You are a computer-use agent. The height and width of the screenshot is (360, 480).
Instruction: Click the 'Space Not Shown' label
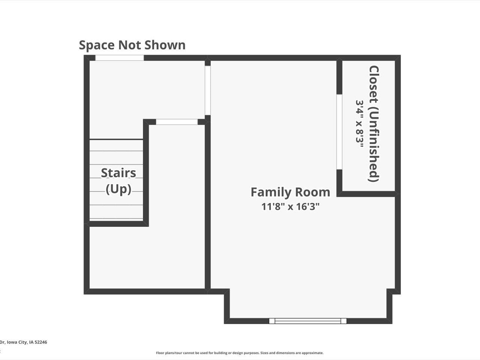[132, 45]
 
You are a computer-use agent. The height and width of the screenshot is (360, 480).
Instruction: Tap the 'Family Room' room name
[290, 192]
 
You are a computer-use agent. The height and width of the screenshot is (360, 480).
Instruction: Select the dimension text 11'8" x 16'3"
[290, 206]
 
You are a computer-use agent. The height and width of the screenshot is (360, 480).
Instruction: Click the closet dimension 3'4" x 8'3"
[360, 124]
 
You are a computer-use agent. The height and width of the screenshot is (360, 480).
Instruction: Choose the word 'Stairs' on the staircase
[118, 173]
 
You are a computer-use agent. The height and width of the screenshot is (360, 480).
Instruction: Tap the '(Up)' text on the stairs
[118, 189]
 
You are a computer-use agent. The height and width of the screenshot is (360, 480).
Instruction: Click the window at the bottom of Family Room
[307, 321]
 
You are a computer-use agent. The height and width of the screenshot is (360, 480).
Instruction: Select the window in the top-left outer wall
[119, 58]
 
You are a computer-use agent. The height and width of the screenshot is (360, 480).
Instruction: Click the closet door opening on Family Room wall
[339, 132]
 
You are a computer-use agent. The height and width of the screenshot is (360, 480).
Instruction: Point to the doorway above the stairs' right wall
[177, 122]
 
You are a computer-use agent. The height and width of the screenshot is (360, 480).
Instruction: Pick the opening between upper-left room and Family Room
[207, 90]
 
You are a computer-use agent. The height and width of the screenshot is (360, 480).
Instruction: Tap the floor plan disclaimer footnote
[240, 353]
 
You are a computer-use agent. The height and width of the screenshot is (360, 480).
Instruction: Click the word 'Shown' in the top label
[165, 45]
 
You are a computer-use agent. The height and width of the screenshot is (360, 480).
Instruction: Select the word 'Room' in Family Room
[312, 192]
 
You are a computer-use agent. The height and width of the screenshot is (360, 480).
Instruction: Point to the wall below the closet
[367, 194]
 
